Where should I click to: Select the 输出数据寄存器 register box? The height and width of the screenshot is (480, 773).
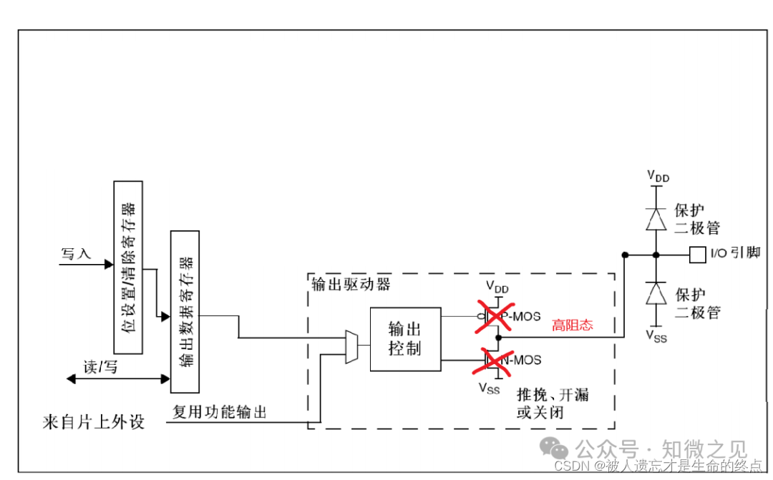pos(185,311)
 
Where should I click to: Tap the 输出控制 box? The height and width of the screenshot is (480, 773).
pos(405,339)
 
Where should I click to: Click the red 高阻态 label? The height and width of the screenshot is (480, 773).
pos(572,325)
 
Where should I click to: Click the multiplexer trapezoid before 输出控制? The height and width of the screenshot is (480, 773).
pos(352,347)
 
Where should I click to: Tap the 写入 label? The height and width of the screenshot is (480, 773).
pos(77,254)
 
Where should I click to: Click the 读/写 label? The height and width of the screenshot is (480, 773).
pos(100,368)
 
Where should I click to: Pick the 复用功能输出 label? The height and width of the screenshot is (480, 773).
pos(220,412)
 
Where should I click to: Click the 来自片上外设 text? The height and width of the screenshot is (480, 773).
pos(93,421)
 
